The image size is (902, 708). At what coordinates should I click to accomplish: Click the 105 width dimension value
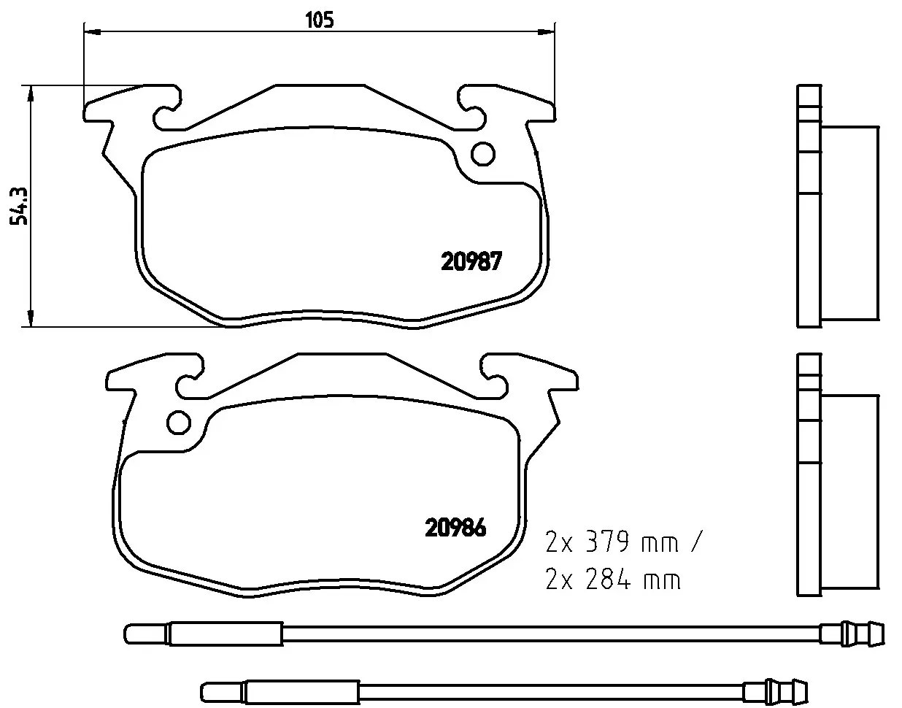pyautogui.click(x=319, y=20)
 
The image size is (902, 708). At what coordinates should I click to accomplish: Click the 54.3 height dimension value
pyautogui.click(x=19, y=206)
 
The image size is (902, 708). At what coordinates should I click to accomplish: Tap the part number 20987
pyautogui.click(x=471, y=261)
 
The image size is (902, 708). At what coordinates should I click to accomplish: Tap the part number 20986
pyautogui.click(x=455, y=528)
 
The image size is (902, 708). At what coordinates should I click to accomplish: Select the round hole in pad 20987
pyautogui.click(x=483, y=154)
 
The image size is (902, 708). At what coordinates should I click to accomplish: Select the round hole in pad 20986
pyautogui.click(x=179, y=423)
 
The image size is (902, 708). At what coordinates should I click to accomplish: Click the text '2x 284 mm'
pyautogui.click(x=613, y=580)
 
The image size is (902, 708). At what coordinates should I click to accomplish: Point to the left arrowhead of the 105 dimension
pyautogui.click(x=92, y=32)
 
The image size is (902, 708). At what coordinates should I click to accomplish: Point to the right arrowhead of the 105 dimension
pyautogui.click(x=547, y=32)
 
